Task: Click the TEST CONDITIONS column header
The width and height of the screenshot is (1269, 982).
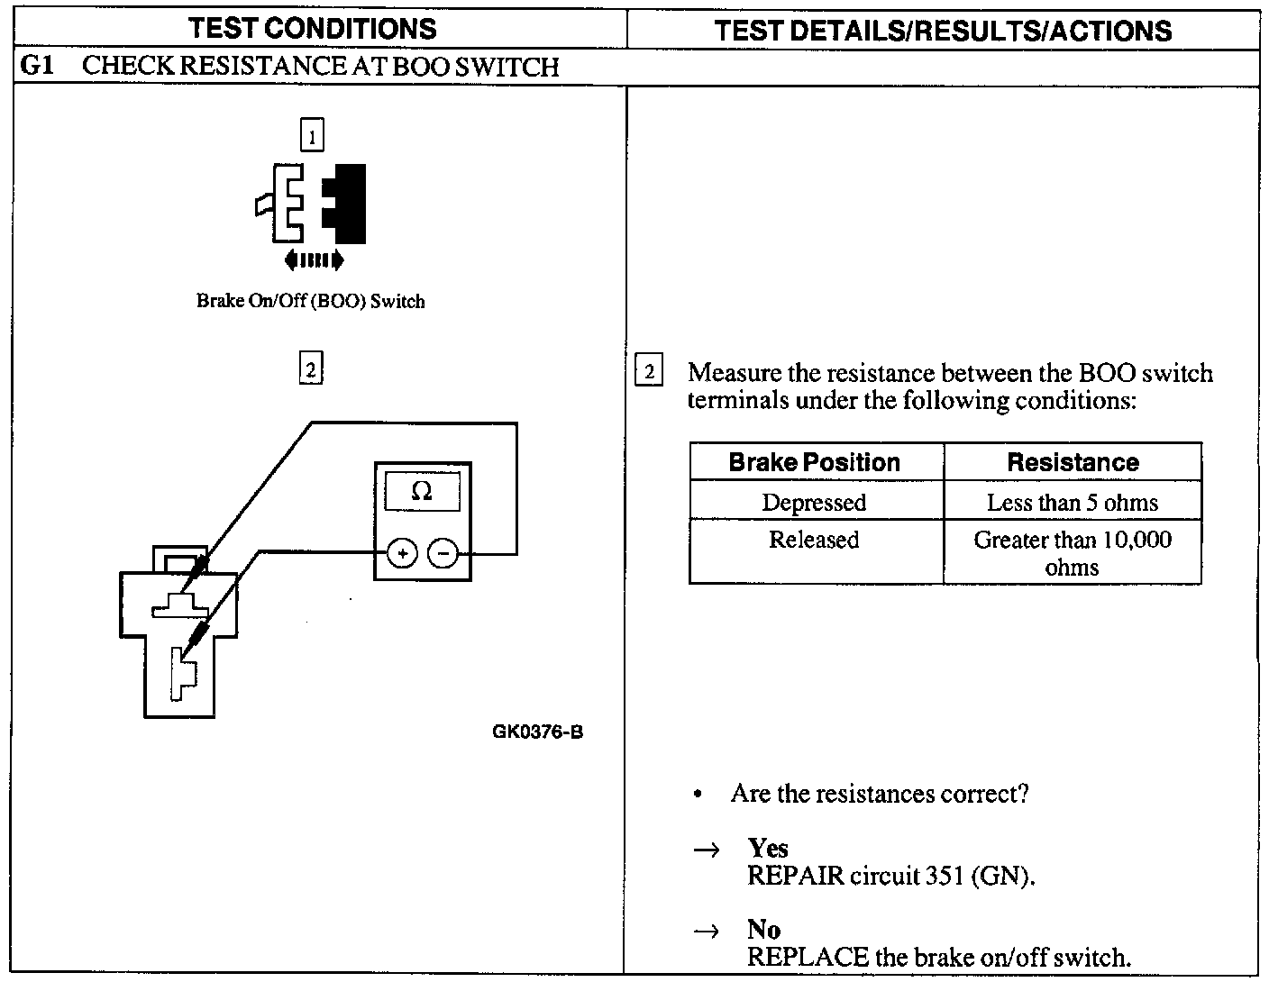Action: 312,29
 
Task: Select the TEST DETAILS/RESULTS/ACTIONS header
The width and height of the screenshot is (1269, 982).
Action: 943,31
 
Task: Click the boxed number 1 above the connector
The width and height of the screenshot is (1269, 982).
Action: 312,136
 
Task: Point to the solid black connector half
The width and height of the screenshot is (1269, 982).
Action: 346,204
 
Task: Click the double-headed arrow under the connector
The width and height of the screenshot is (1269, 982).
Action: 313,261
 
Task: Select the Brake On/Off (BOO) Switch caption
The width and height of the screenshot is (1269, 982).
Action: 310,301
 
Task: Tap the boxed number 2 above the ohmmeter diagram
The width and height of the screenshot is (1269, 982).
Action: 311,369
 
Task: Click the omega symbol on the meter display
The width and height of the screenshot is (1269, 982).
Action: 421,491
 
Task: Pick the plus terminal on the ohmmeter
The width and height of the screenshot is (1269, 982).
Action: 402,553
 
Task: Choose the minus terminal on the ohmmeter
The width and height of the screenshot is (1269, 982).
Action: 442,553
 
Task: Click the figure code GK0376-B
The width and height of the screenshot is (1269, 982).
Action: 537,732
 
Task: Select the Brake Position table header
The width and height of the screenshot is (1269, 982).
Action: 815,462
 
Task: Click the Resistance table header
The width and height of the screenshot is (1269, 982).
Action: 1073,462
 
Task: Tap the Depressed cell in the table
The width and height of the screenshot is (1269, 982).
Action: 814,502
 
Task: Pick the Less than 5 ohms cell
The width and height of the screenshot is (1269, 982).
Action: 1073,502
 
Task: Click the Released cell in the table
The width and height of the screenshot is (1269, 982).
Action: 814,540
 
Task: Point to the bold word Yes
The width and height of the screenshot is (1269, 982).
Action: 768,848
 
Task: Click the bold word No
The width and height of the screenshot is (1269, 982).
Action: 763,929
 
